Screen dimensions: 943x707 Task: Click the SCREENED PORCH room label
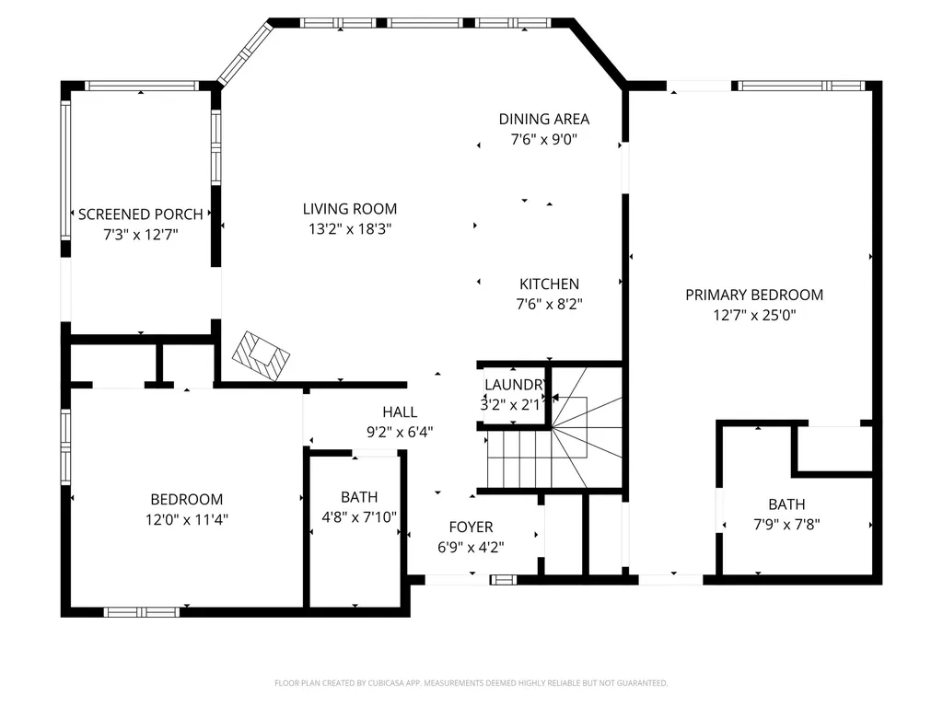[x=141, y=214]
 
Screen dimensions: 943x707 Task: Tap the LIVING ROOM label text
[x=350, y=209]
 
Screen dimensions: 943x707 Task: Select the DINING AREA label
[x=544, y=119]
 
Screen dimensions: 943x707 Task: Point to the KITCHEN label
[x=550, y=284]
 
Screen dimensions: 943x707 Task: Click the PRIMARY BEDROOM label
[x=754, y=295]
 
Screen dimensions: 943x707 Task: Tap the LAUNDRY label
[x=515, y=385]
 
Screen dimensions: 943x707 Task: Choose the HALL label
[x=400, y=411]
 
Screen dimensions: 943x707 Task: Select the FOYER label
[x=471, y=527]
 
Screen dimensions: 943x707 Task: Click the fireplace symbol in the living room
[x=261, y=355]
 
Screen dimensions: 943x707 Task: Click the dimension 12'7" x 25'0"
[x=754, y=315]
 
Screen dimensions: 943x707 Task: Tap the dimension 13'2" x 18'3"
[x=350, y=229]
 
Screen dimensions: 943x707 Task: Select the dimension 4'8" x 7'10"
[x=359, y=517]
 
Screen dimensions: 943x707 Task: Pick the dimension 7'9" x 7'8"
[x=786, y=524]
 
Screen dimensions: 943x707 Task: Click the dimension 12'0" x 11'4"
[x=186, y=519]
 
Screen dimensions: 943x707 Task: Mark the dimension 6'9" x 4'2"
[x=471, y=547]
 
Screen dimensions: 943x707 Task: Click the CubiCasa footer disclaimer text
[x=471, y=683]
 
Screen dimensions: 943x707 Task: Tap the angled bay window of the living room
[x=245, y=53]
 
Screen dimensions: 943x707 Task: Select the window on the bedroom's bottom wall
[x=141, y=612]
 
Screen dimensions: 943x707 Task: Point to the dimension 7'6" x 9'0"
[x=544, y=140]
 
